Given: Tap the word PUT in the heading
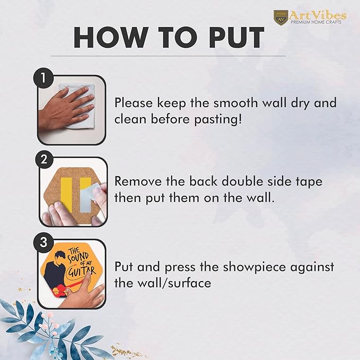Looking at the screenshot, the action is point(236,38).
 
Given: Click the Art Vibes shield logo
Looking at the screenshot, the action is point(281,16).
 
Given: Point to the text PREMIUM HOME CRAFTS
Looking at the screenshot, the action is point(316,22).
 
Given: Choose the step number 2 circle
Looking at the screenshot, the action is point(43,159).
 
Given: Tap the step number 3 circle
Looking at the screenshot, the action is point(43,242).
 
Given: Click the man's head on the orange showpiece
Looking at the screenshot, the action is point(60,257).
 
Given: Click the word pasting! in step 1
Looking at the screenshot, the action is point(218,120).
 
